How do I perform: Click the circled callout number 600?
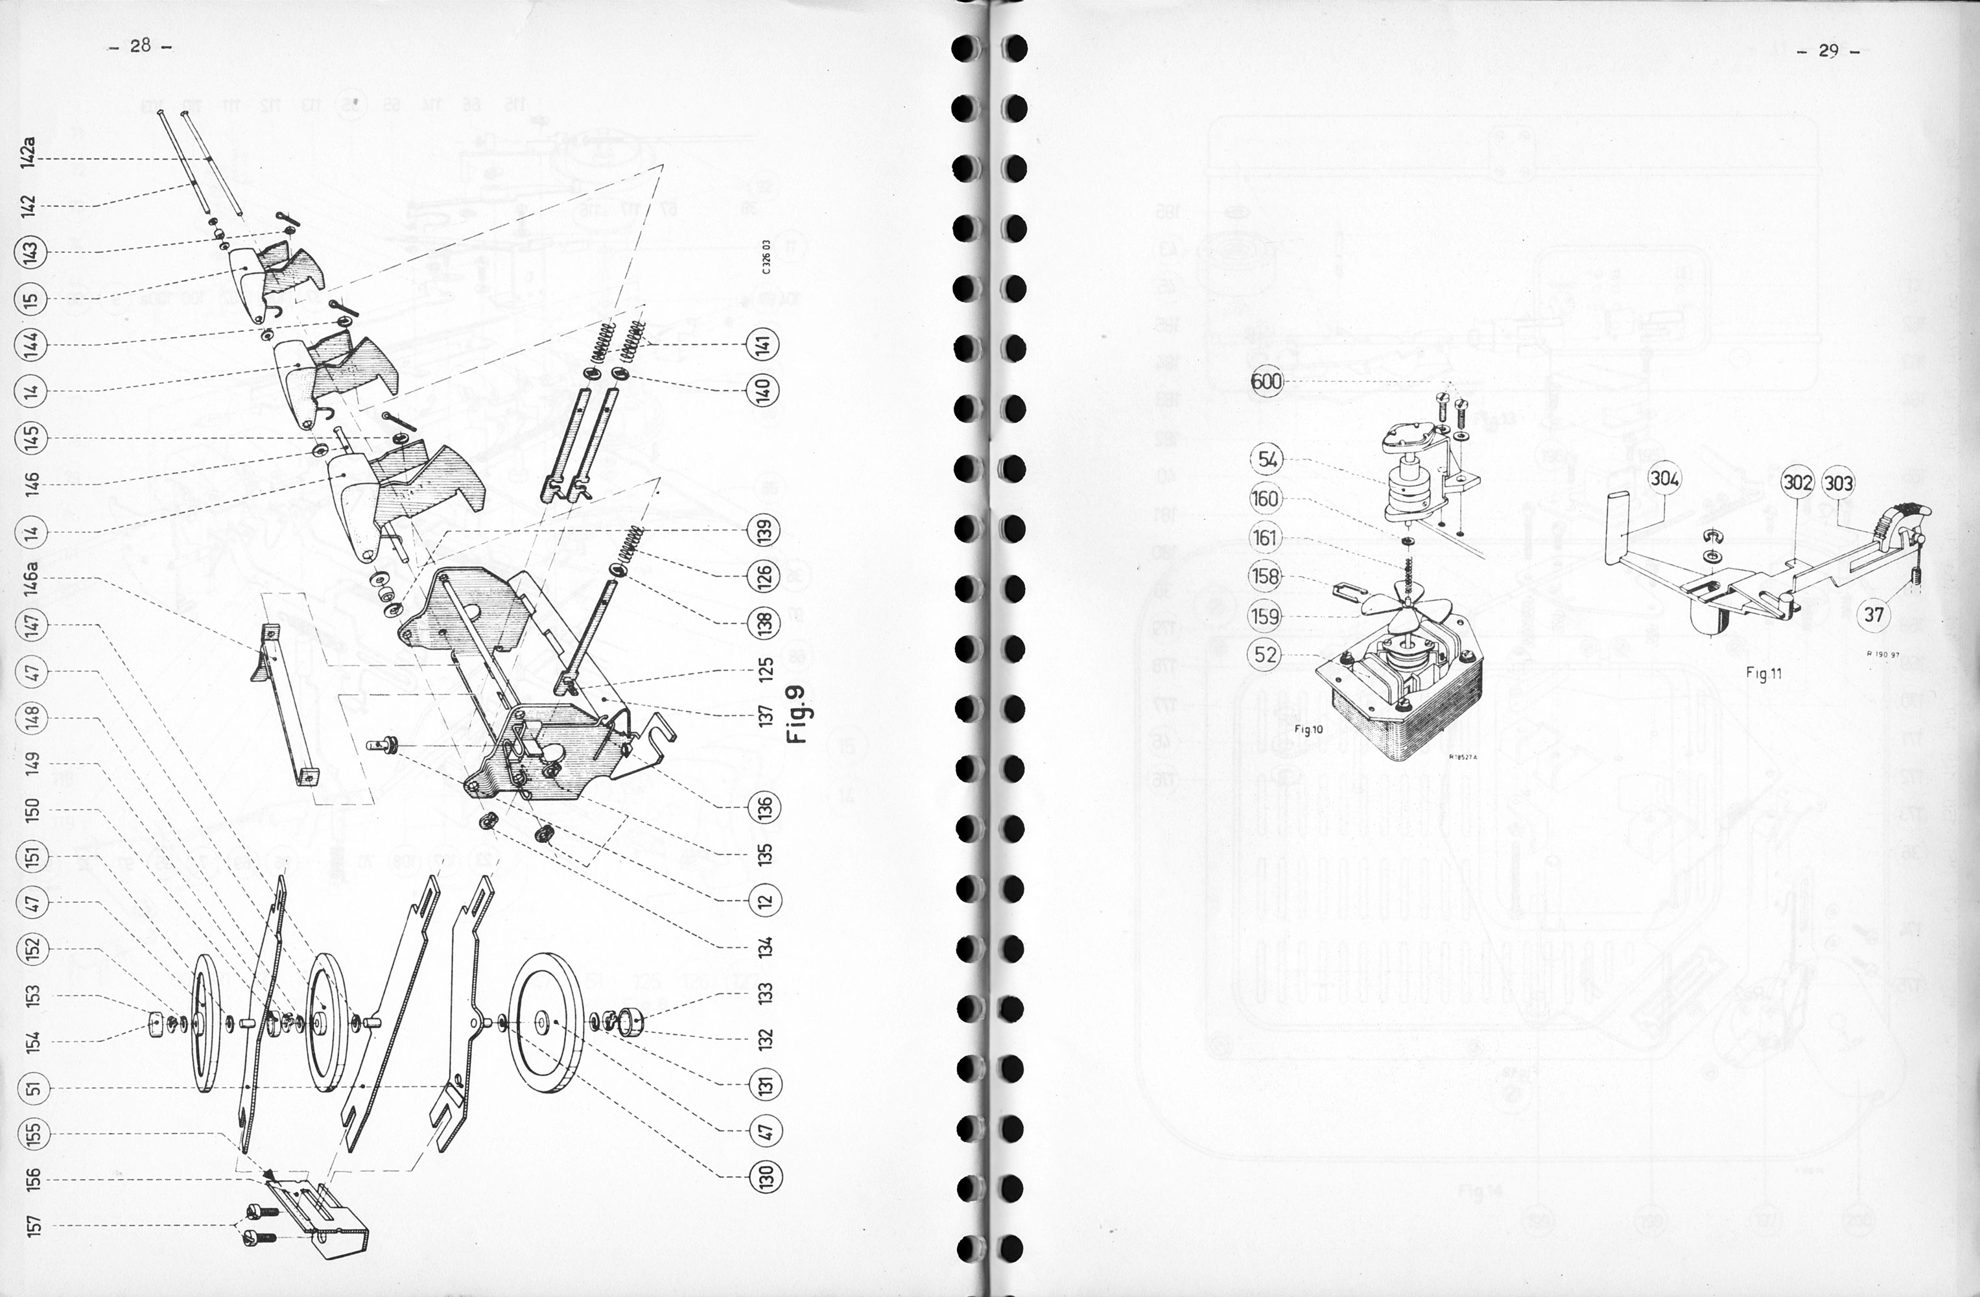1267,382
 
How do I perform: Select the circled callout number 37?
1874,615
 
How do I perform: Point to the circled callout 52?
1266,655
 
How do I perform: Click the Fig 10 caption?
1308,730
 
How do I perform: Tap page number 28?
140,46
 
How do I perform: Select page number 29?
1828,51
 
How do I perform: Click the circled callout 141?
764,344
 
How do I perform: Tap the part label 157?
33,1226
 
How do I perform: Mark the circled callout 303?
1839,482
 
